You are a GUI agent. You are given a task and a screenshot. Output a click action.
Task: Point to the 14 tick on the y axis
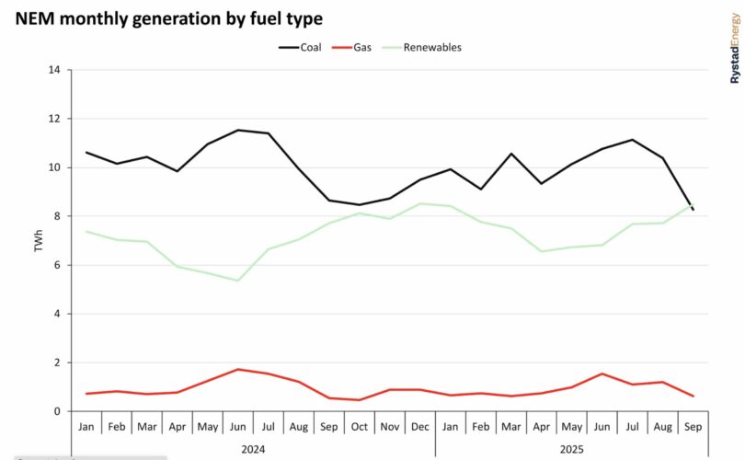54,70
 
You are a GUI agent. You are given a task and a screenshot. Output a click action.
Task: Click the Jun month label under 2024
238,427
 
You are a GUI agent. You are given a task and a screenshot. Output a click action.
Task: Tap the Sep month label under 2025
693,427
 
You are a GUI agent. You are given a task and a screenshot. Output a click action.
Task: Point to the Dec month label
420,427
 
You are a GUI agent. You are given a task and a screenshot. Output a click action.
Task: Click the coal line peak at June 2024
238,130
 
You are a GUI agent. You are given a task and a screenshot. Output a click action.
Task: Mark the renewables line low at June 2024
238,281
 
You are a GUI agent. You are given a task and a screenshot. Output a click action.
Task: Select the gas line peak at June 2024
238,369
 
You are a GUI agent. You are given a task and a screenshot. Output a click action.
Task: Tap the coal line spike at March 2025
511,154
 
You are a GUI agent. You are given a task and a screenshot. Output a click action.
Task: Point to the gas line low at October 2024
359,400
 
